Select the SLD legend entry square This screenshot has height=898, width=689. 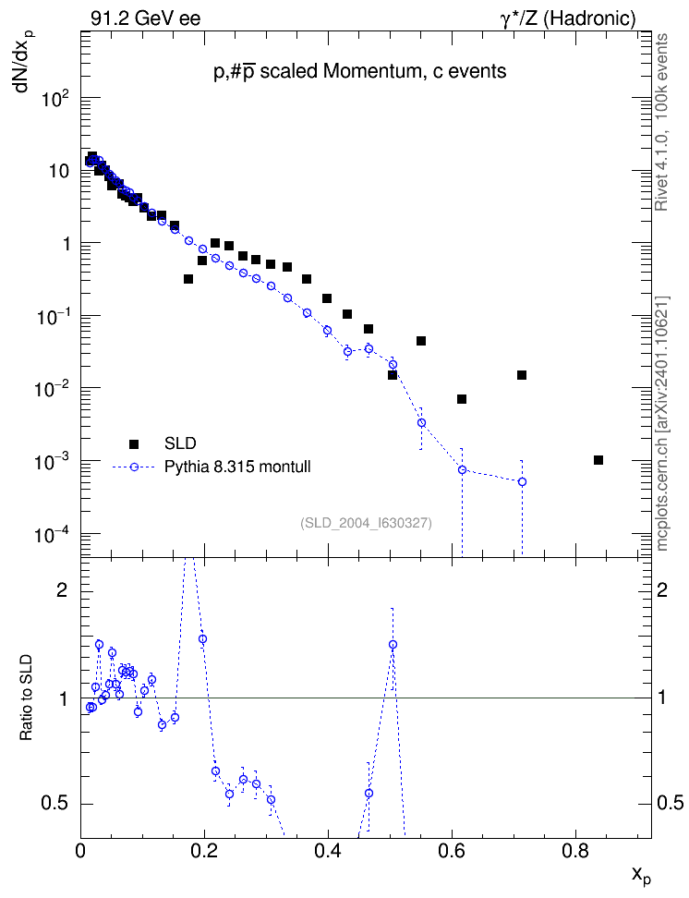coord(134,443)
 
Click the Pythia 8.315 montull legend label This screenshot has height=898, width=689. coord(237,467)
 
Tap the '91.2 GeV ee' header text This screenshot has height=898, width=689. coord(146,18)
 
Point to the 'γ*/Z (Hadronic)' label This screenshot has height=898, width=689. coord(568,18)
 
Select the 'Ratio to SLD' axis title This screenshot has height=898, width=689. coord(27,697)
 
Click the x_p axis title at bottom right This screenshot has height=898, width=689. coord(641,875)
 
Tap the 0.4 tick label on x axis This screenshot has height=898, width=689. coord(328,851)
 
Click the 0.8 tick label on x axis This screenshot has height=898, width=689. coord(575,851)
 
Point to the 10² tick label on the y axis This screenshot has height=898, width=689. coord(56,99)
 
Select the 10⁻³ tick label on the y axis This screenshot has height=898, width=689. coord(53,461)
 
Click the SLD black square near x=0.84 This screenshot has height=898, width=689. coord(598,460)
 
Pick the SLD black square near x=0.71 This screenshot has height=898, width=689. coord(522,375)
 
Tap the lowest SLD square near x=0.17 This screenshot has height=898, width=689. coord(188,279)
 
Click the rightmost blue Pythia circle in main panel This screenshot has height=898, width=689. coord(522,481)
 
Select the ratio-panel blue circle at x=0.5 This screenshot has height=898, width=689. coord(393,644)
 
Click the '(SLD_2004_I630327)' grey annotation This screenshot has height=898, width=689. coord(366,523)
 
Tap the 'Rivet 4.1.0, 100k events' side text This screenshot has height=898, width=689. coord(661,122)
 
